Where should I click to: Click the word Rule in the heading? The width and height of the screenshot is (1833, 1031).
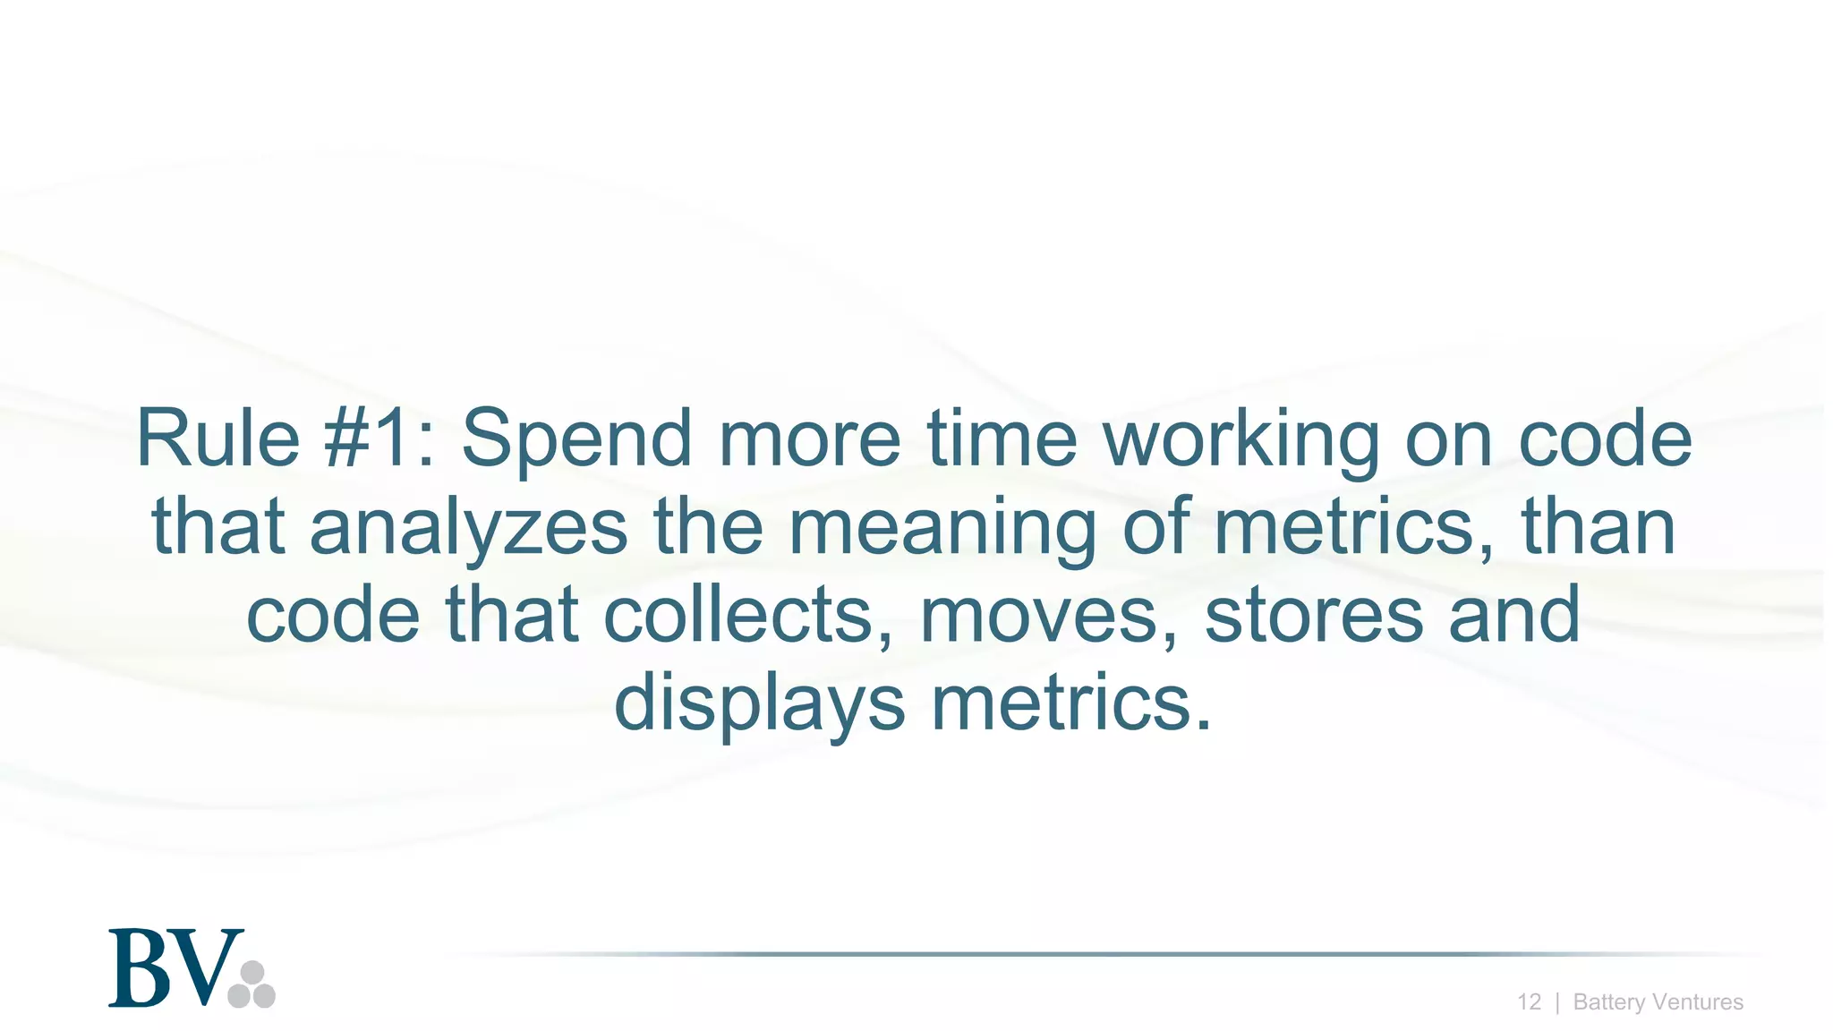point(217,439)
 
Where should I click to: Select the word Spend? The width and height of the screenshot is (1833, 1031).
point(576,440)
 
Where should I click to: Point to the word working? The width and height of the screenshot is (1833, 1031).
point(1241,440)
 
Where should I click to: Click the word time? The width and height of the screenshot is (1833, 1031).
point(1002,439)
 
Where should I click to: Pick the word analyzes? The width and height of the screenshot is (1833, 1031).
point(468,528)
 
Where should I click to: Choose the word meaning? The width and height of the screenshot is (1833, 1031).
point(942,528)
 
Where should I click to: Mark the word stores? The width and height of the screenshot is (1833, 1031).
point(1314,616)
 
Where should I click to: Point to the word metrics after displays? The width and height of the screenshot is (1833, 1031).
point(1070,703)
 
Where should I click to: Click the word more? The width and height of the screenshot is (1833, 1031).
point(809,440)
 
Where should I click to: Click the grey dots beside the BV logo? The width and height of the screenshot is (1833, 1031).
point(252,985)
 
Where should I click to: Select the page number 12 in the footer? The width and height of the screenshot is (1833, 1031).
point(1529,1002)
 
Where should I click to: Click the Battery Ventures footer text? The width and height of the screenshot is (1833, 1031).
point(1658,1002)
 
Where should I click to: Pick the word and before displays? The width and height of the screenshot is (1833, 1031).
point(1514,616)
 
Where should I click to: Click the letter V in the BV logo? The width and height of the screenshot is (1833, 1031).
point(208,969)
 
